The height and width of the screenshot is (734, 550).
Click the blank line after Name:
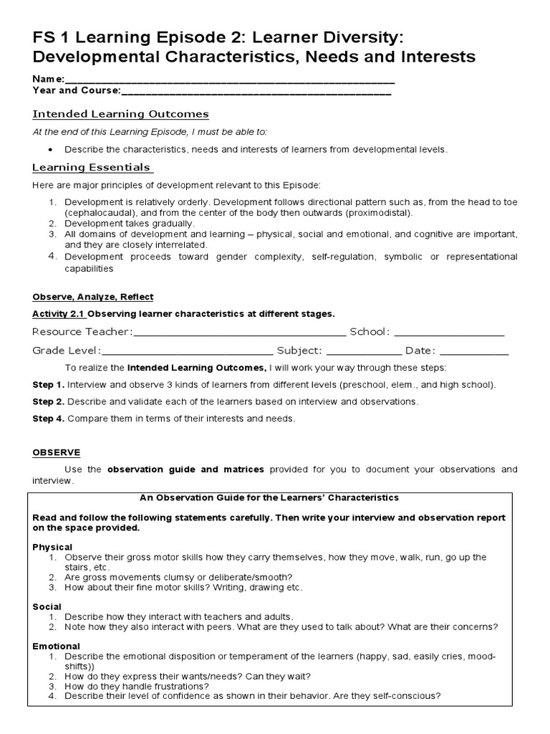[229, 80]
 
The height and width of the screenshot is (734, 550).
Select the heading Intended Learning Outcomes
[120, 114]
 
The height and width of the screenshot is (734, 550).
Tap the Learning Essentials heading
[92, 168]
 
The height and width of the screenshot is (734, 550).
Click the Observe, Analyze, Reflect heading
[92, 297]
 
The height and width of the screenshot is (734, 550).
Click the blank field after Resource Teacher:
[239, 332]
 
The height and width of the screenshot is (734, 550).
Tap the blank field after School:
[448, 332]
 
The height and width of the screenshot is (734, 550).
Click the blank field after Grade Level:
[187, 351]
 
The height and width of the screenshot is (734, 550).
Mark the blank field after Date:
[473, 351]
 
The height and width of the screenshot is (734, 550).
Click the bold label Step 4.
[48, 419]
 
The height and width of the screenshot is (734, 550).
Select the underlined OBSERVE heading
[57, 452]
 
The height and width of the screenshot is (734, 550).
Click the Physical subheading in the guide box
[52, 547]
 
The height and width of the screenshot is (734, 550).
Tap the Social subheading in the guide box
[47, 606]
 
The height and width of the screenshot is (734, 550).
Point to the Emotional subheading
[56, 646]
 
